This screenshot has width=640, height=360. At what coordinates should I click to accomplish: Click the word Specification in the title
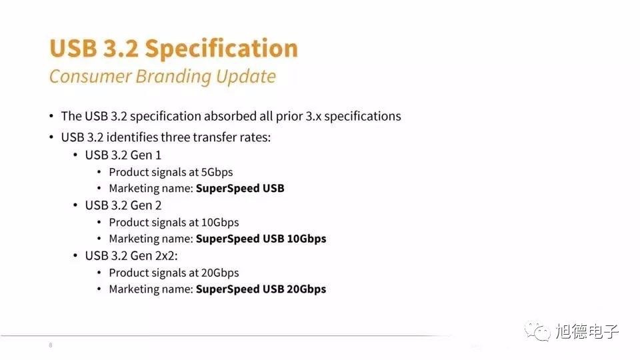(x=221, y=49)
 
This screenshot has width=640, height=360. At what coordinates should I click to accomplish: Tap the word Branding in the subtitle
(x=173, y=77)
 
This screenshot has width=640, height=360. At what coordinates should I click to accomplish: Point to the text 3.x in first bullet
(x=313, y=116)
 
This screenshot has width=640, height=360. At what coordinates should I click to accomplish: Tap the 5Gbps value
(x=217, y=172)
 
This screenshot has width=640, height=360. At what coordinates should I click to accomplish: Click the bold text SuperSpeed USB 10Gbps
(x=261, y=239)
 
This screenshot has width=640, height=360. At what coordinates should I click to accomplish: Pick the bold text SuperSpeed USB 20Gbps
(x=261, y=289)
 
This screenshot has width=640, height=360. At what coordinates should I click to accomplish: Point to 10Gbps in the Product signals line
(x=220, y=223)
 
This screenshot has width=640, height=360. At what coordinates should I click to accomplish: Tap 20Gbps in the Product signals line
(x=220, y=273)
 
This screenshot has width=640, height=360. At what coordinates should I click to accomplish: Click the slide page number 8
(x=51, y=345)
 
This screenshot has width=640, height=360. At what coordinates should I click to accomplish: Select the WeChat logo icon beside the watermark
(x=537, y=331)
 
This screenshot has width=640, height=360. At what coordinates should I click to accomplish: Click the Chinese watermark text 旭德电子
(x=587, y=331)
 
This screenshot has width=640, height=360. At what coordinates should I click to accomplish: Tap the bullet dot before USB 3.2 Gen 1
(x=75, y=155)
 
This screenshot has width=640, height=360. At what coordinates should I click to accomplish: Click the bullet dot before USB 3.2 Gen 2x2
(x=75, y=256)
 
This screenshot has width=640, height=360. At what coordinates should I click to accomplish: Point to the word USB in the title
(x=73, y=48)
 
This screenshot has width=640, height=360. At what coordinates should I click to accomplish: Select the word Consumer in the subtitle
(x=90, y=77)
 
